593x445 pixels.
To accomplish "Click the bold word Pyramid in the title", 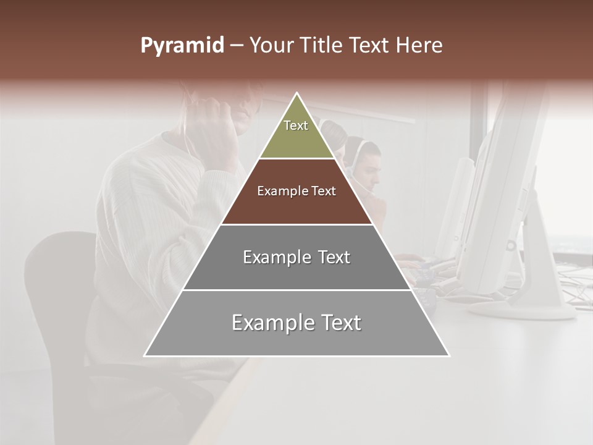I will click(182, 46).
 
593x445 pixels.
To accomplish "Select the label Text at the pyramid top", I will click(296, 125).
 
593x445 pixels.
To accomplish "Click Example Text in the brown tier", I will click(296, 191).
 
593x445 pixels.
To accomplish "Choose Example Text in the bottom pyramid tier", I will click(296, 323).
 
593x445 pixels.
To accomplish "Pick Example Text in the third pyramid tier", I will click(296, 257).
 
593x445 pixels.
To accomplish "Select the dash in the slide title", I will click(236, 46).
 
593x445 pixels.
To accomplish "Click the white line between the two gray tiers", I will click(296, 290).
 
